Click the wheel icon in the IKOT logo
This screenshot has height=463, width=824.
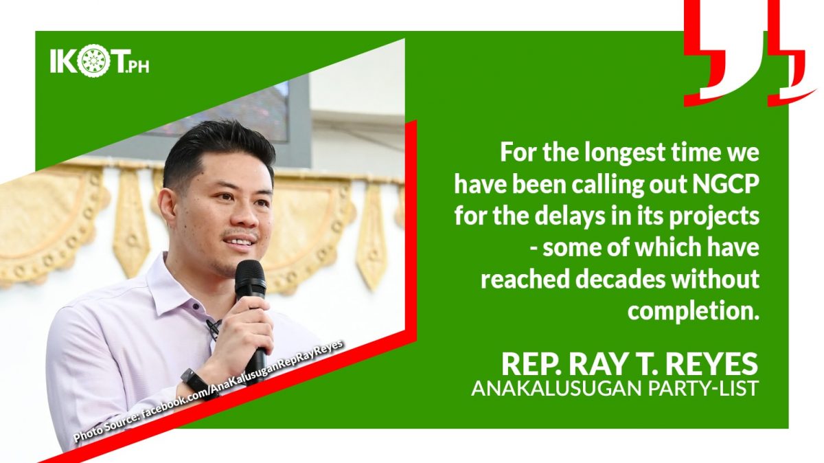(x=94, y=63)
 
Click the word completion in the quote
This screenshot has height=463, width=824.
(x=693, y=310)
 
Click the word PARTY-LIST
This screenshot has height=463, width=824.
(x=703, y=388)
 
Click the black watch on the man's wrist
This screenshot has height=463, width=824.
(x=198, y=383)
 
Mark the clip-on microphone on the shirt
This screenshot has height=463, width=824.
(x=214, y=327)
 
